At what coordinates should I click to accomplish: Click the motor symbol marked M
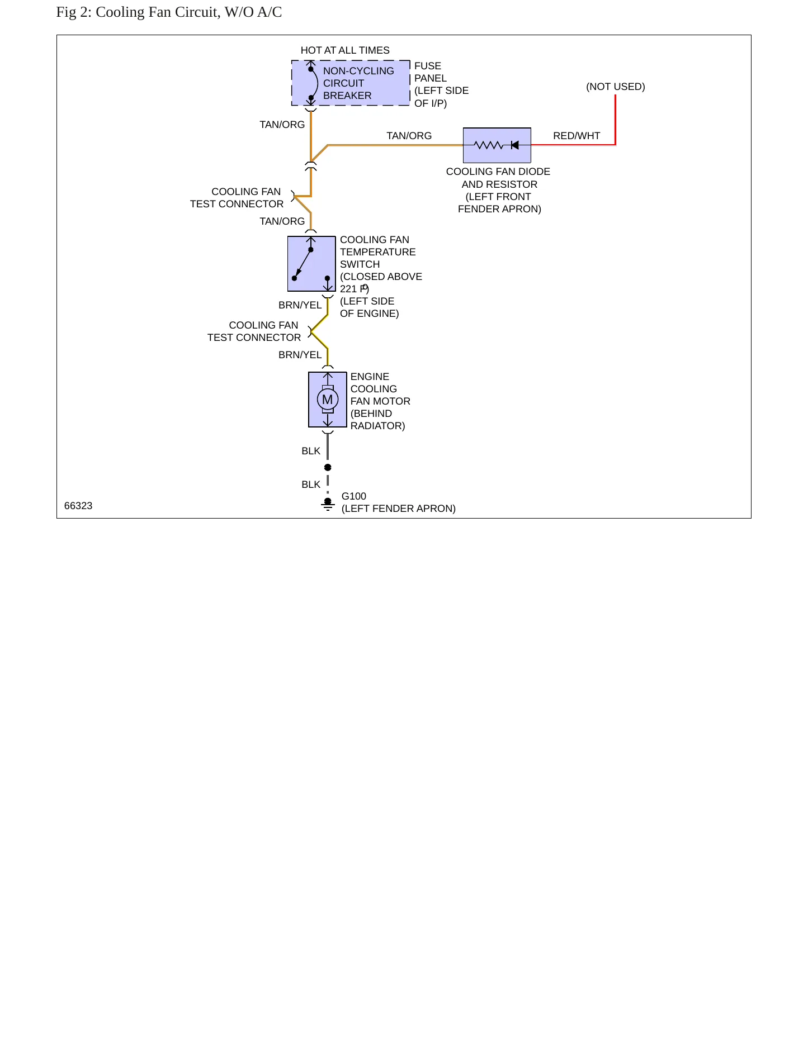(328, 400)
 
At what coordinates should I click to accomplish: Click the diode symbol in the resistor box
(515, 145)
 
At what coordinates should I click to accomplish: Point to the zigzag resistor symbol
(488, 145)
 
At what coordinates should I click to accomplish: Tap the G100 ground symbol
(328, 504)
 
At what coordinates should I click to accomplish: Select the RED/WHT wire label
(577, 136)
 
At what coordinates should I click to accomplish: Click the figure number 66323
(78, 506)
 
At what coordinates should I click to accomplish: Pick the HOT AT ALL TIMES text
(345, 50)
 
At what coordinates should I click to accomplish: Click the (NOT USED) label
(616, 87)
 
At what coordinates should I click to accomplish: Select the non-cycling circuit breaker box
(351, 83)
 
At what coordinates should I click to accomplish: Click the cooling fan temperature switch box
(311, 264)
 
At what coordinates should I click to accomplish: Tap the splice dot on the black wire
(328, 467)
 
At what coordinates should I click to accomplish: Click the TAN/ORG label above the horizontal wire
(409, 136)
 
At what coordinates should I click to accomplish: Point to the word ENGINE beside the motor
(370, 377)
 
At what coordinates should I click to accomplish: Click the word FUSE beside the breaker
(428, 66)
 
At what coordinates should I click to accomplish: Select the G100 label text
(354, 496)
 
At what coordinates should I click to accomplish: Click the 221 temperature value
(348, 289)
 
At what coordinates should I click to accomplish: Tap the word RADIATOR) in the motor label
(378, 426)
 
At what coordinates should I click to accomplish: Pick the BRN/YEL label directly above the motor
(300, 355)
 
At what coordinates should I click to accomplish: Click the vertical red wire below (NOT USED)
(615, 120)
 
